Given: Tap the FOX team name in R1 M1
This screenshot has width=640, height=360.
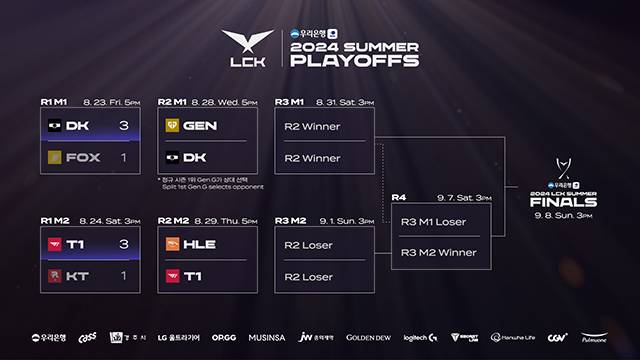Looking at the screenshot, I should pyautogui.click(x=83, y=158).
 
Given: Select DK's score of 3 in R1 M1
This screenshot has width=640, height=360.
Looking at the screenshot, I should pyautogui.click(x=123, y=127).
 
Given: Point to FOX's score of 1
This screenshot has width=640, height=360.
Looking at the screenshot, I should pyautogui.click(x=123, y=158).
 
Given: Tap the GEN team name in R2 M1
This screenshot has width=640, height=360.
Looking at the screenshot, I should pyautogui.click(x=200, y=127).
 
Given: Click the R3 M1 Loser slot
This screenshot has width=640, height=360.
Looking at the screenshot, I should pyautogui.click(x=432, y=221).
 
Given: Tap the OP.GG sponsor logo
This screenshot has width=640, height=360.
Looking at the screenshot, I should pyautogui.click(x=224, y=337).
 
